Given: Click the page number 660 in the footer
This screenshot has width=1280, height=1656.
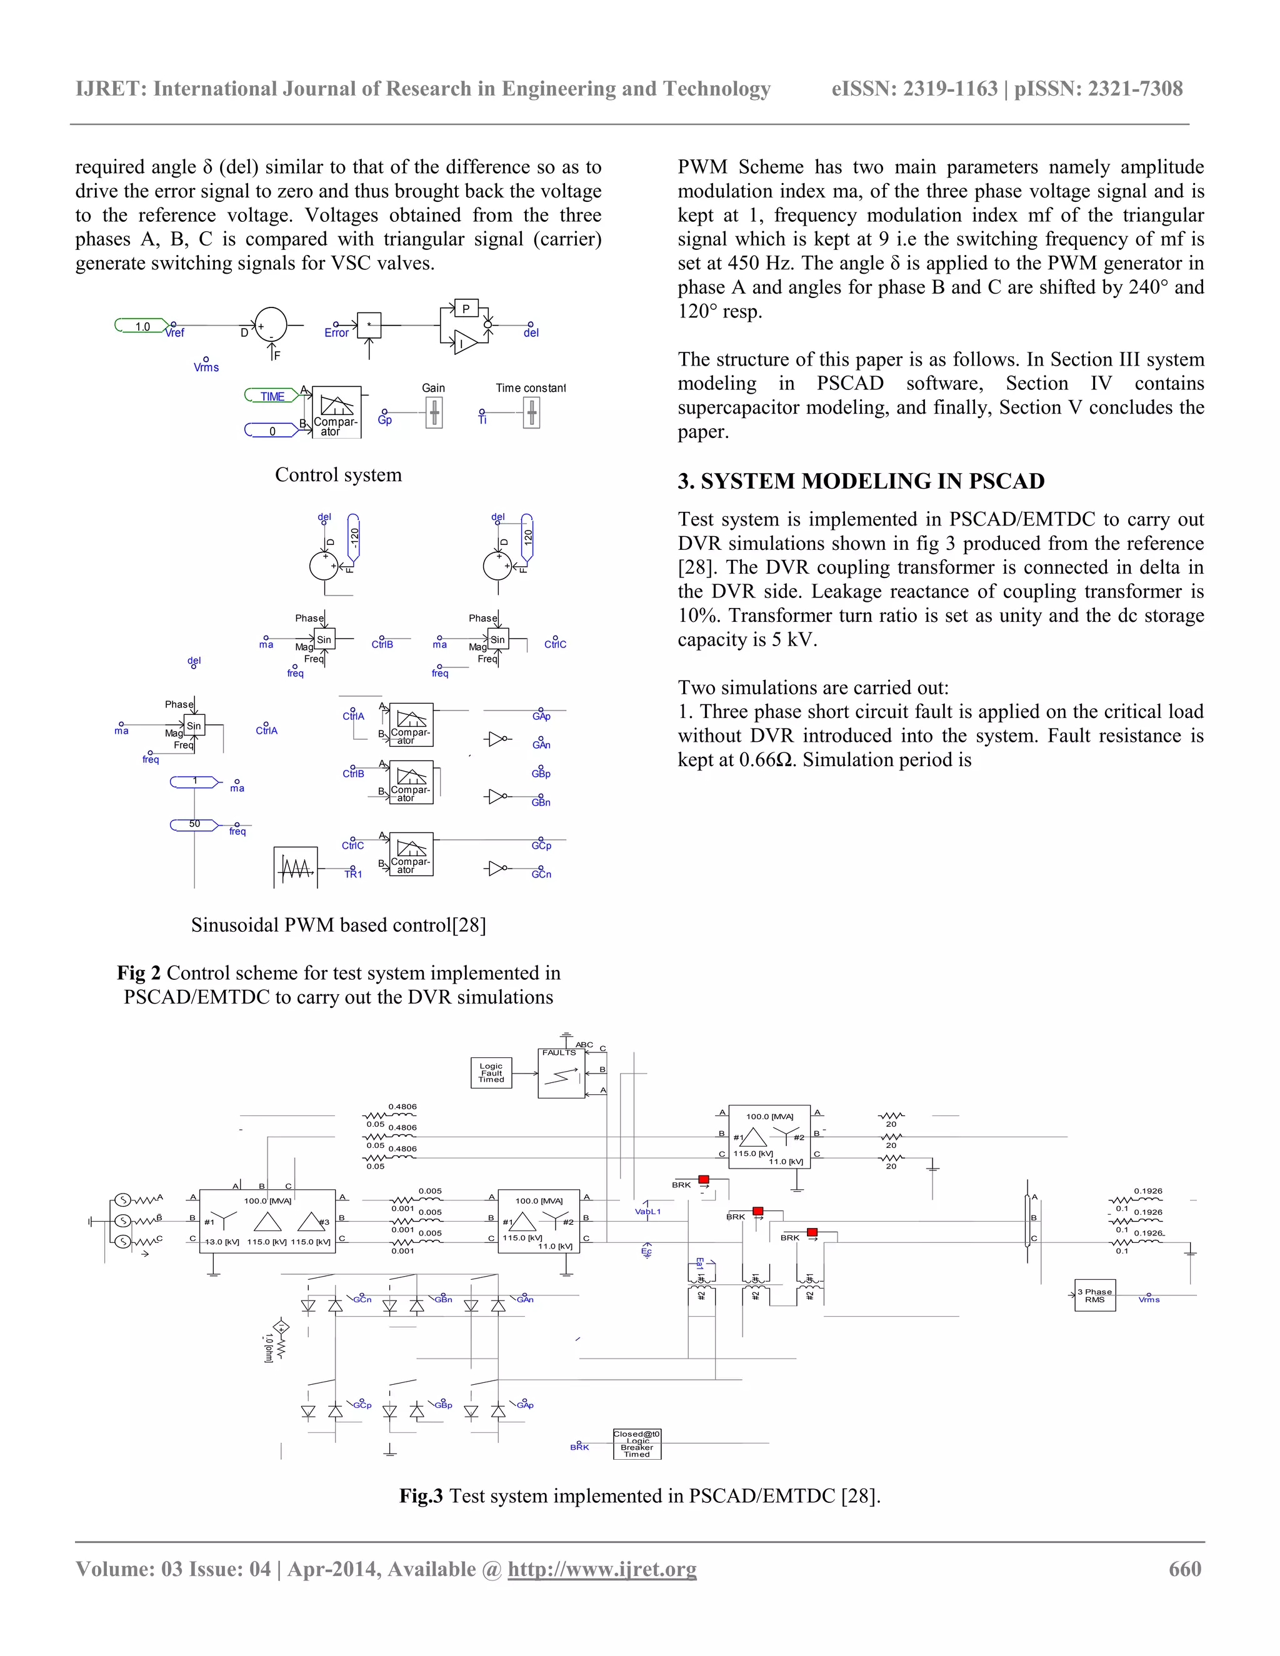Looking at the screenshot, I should (x=1184, y=1568).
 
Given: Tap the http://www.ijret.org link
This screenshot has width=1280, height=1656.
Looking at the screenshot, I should (x=601, y=1568).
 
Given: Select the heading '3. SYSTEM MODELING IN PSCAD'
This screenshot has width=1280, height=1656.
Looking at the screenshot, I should (x=861, y=481).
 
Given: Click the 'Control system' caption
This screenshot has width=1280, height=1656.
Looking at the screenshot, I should (x=338, y=475).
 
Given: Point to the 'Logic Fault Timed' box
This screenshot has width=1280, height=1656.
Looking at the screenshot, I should (x=491, y=1073).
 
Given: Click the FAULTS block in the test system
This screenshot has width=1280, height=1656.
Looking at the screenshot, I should (x=561, y=1074).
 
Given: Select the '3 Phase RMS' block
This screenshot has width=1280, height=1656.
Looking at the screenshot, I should (x=1094, y=1295).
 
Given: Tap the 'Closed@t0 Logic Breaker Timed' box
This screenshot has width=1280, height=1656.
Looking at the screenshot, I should (x=637, y=1444).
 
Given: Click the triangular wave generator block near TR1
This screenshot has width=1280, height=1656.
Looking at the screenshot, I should (x=295, y=867).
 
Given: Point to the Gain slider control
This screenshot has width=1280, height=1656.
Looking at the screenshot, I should (x=434, y=413).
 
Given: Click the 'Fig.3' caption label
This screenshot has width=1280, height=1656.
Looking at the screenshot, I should (x=421, y=1495).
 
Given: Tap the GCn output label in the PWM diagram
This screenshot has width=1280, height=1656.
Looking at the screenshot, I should (x=541, y=874).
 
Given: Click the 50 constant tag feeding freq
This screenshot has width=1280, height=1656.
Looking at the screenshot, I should (x=195, y=824).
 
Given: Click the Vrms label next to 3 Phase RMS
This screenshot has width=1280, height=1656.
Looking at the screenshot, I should (x=1149, y=1300).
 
